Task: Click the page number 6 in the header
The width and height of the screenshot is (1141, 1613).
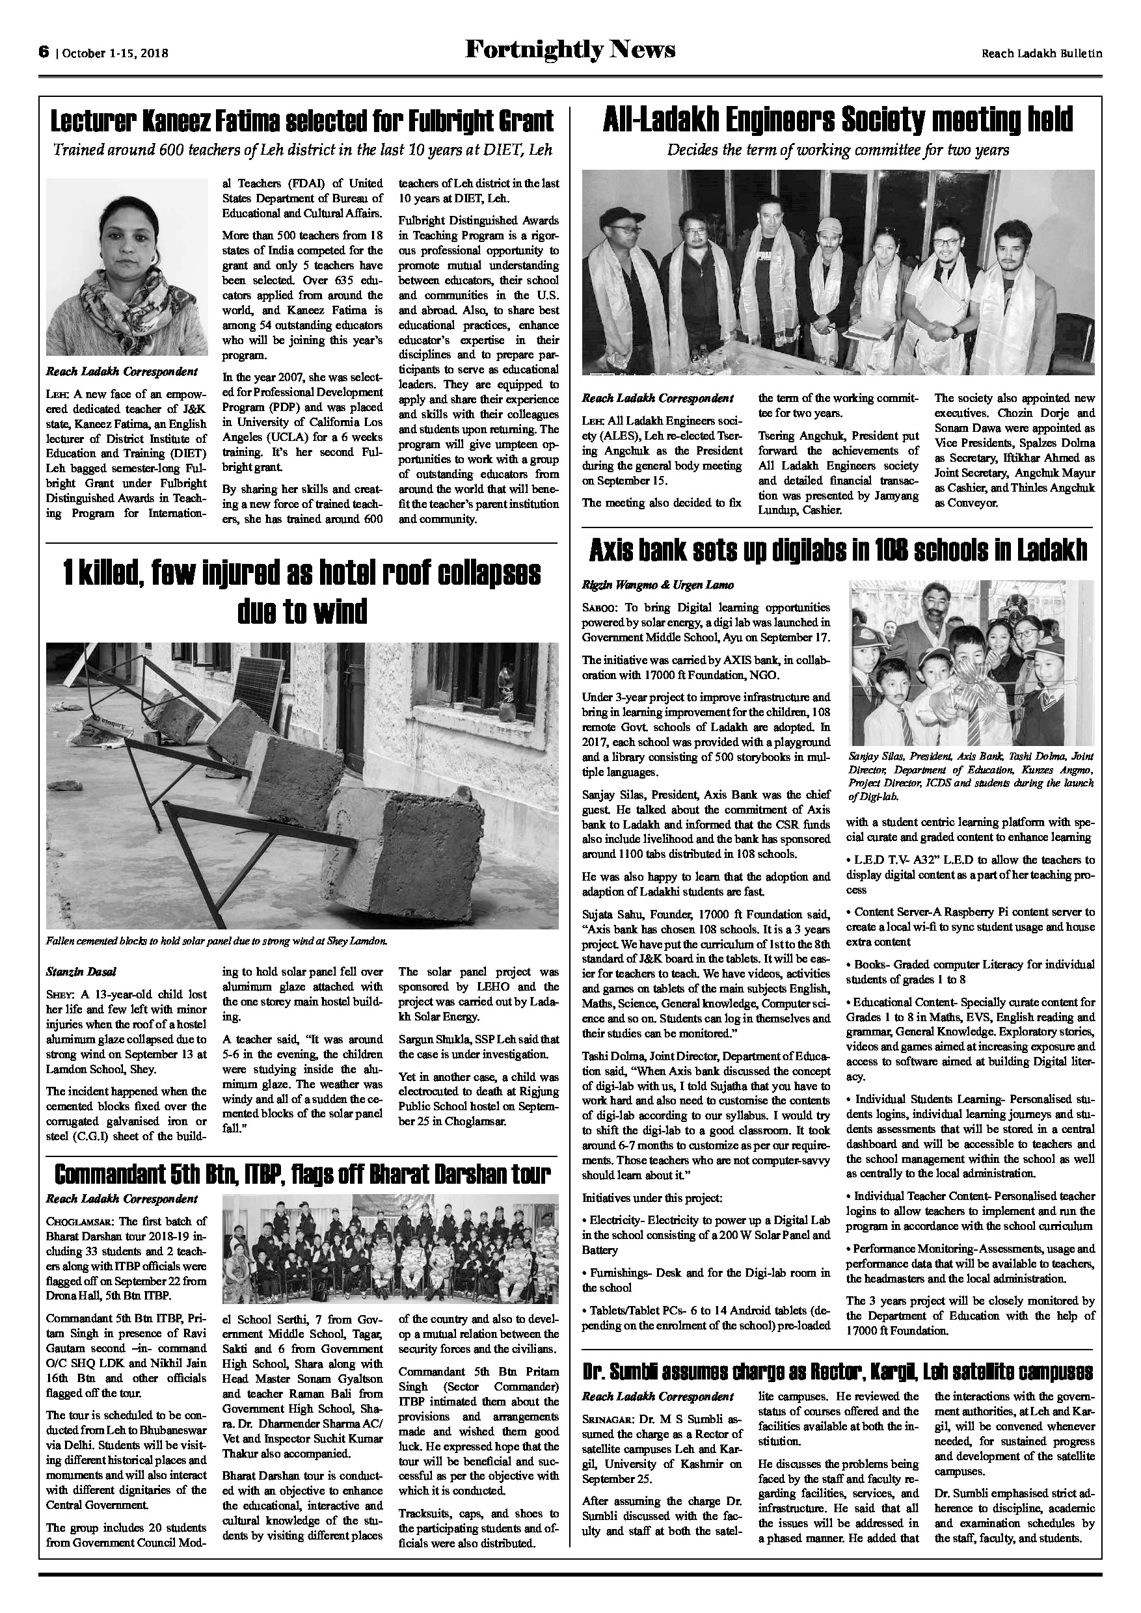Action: (x=44, y=51)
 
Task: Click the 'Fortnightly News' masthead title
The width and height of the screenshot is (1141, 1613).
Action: (x=570, y=49)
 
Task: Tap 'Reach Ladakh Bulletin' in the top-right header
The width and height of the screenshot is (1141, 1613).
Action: (x=1041, y=53)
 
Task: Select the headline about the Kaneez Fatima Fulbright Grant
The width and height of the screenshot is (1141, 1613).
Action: (x=301, y=121)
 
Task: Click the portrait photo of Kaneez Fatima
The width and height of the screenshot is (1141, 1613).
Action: (x=127, y=266)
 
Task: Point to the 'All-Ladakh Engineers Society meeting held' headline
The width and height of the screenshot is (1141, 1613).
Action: (x=837, y=120)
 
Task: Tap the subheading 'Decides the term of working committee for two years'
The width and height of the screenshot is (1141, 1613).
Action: (x=837, y=150)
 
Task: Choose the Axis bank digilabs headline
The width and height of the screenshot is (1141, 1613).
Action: (x=837, y=551)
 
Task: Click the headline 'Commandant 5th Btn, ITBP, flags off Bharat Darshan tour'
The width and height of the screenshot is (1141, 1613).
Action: (x=301, y=1173)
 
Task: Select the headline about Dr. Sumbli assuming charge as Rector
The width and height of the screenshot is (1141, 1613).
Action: (x=837, y=1372)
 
